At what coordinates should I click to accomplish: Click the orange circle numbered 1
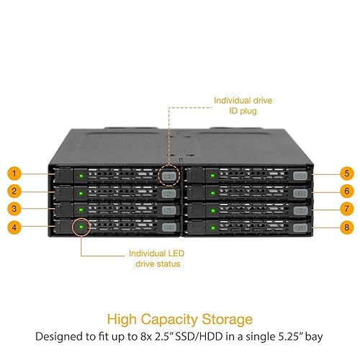[14, 174]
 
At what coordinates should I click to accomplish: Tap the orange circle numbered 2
[14, 192]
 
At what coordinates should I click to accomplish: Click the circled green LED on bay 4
[81, 228]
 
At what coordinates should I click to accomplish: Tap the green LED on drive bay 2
[81, 193]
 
